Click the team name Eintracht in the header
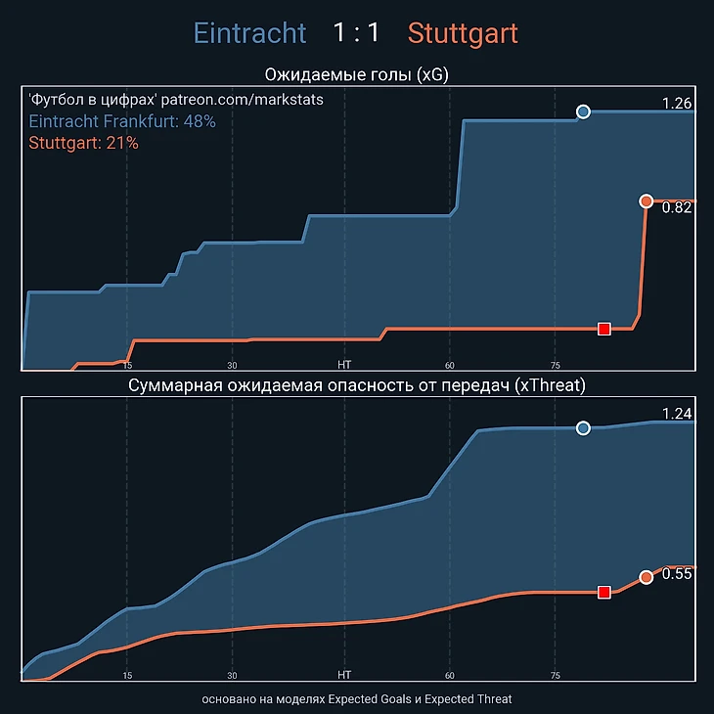tap(249, 33)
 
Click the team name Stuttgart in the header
tap(463, 33)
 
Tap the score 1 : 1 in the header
tap(356, 33)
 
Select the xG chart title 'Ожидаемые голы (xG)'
tap(357, 75)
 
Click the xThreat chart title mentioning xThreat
tap(357, 385)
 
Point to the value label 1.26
tap(677, 104)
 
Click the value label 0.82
tap(677, 207)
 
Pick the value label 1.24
tap(677, 413)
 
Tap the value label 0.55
tap(677, 574)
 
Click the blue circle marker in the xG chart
tap(584, 112)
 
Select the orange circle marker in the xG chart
tap(646, 201)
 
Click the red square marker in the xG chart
tap(604, 329)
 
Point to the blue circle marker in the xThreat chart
tap(584, 427)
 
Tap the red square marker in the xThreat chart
tap(604, 592)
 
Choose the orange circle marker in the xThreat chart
tap(646, 577)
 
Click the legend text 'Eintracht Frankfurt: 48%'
tap(122, 121)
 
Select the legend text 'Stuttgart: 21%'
tap(84, 143)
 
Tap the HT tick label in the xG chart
tap(344, 364)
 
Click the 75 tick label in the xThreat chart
tap(555, 675)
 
